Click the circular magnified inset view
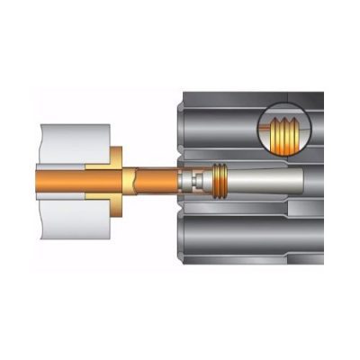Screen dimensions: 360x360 (284, 135)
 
